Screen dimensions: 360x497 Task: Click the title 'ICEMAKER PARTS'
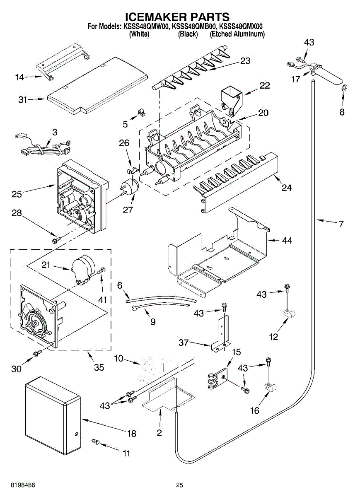[177, 17]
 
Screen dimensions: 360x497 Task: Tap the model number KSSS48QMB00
[194, 27]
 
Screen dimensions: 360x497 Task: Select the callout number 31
[22, 100]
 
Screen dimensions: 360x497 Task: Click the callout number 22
[265, 86]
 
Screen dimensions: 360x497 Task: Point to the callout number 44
[287, 240]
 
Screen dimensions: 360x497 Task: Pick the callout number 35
[99, 367]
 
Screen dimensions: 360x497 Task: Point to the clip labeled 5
[142, 112]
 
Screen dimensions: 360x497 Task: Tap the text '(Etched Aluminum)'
[237, 34]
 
